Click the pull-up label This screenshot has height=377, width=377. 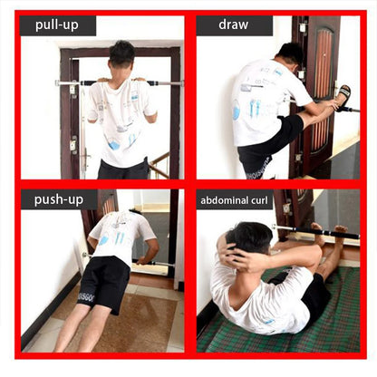[57, 25]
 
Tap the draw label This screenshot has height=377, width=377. [233, 25]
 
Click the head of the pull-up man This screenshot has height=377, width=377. [121, 56]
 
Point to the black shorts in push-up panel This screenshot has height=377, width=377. [104, 281]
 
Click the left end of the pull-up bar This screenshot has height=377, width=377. [60, 83]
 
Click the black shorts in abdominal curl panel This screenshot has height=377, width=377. [315, 295]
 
